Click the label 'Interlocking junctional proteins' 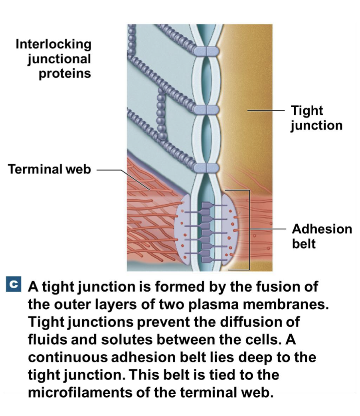(x=54, y=59)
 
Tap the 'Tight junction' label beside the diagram (x=316, y=118)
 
